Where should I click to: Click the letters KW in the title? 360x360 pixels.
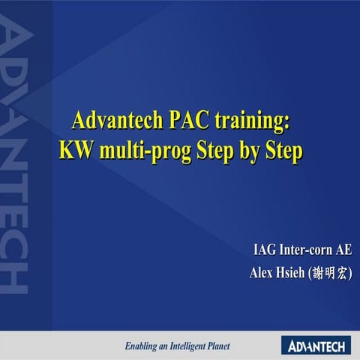tap(73, 150)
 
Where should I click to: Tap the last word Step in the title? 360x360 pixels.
tap(285, 151)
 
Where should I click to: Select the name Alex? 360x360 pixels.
tap(262, 273)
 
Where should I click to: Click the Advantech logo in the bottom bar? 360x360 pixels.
tap(315, 345)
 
